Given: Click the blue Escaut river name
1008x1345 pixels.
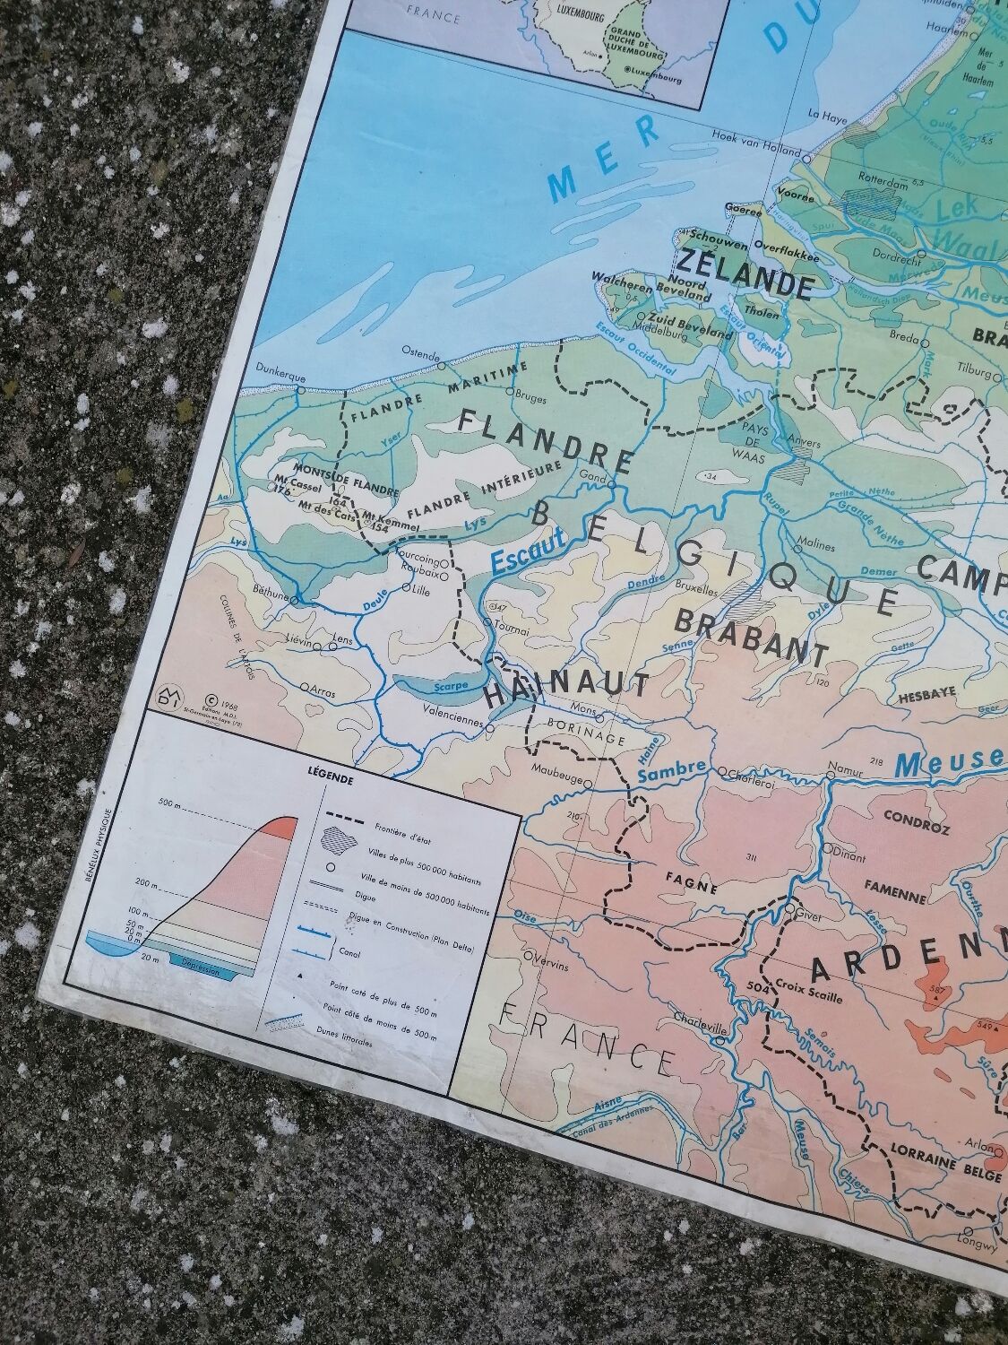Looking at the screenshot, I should (x=529, y=550).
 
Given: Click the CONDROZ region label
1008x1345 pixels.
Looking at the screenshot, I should (x=916, y=817).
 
